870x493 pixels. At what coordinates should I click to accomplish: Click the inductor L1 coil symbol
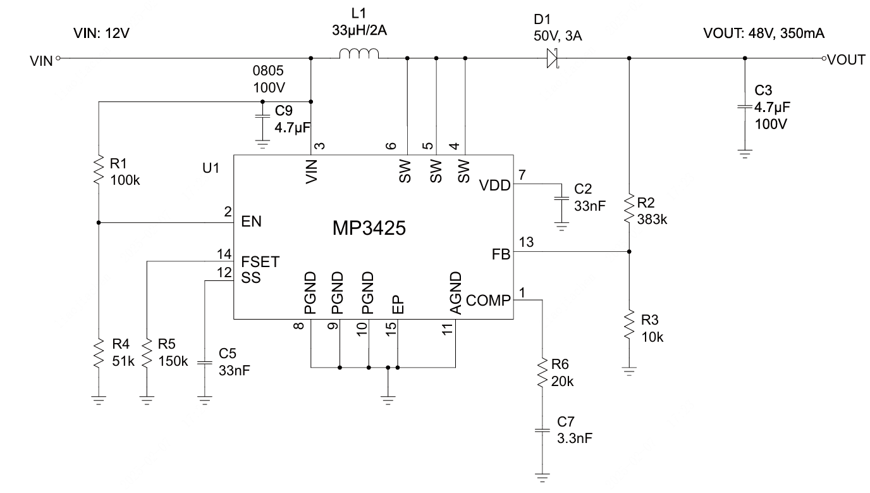pos(359,56)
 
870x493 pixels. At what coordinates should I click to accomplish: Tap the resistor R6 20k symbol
pos(542,373)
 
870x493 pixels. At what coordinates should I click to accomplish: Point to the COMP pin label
pos(487,301)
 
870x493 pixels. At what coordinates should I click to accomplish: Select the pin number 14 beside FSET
pos(224,254)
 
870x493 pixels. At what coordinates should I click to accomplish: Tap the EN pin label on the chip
pos(251,222)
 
